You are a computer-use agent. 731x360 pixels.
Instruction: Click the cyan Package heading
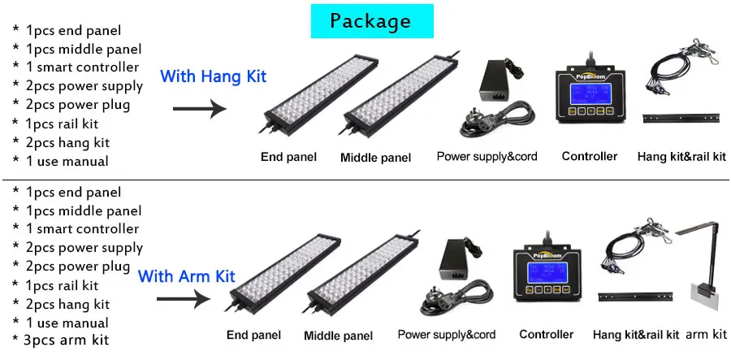370,21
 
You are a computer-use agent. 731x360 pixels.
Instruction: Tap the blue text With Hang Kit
213,76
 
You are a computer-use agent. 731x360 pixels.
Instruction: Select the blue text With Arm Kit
186,276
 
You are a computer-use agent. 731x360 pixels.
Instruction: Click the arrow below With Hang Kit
202,108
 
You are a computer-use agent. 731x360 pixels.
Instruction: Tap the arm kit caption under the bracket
706,334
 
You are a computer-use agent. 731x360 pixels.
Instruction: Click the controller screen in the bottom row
547,270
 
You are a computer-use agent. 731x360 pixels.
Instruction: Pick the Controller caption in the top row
590,156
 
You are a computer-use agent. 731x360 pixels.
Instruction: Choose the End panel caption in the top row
288,157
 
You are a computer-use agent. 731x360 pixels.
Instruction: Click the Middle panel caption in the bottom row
338,335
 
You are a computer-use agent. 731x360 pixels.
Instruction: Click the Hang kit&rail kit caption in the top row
681,156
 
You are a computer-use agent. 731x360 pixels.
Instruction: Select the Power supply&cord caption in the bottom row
446,335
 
